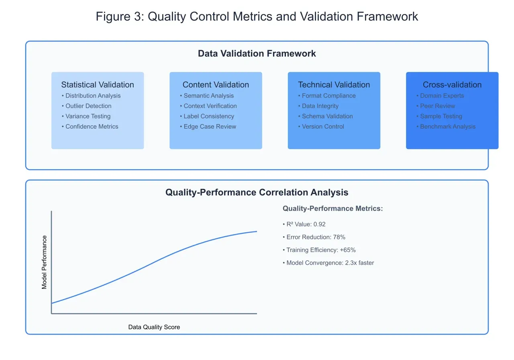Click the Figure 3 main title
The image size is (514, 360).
[257, 16]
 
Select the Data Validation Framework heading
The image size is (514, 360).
[257, 53]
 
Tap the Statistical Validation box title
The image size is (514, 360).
[98, 85]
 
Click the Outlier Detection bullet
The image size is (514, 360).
[88, 106]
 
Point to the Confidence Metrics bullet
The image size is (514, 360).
[92, 127]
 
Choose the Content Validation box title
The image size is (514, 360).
[216, 85]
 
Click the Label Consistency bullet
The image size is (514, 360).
[208, 116]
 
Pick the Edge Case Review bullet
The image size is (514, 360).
[210, 127]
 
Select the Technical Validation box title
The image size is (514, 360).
[334, 85]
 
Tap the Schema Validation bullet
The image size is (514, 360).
[327, 116]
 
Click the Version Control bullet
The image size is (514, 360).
[323, 127]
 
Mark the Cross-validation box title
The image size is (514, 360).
[452, 85]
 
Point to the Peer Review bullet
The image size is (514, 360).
[437, 106]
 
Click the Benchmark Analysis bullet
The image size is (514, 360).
[447, 127]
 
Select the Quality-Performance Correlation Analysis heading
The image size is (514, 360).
[257, 192]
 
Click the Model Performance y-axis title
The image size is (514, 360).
[45, 262]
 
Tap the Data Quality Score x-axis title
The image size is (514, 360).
[154, 327]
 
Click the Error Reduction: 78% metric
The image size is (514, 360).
[316, 237]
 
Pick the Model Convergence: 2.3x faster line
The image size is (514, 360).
[330, 263]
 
